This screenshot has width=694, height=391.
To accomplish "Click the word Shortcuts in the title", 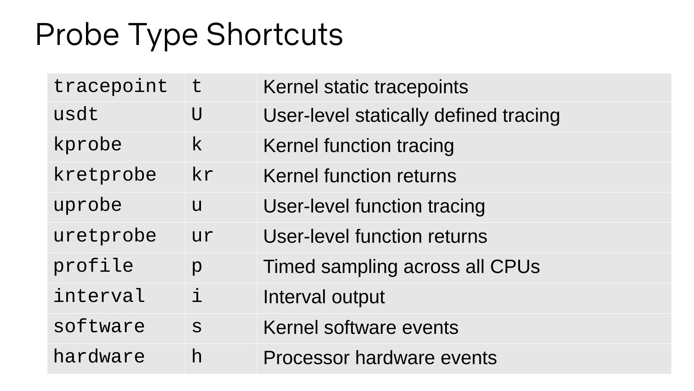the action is click(x=274, y=34).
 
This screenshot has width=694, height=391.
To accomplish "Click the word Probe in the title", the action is click(x=77, y=34).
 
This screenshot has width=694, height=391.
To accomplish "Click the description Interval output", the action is click(x=324, y=297).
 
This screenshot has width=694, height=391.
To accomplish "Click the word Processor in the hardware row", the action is click(x=306, y=358).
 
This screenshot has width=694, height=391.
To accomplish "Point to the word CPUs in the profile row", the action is click(x=515, y=267).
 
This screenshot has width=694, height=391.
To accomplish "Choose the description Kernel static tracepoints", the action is click(x=365, y=87).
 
